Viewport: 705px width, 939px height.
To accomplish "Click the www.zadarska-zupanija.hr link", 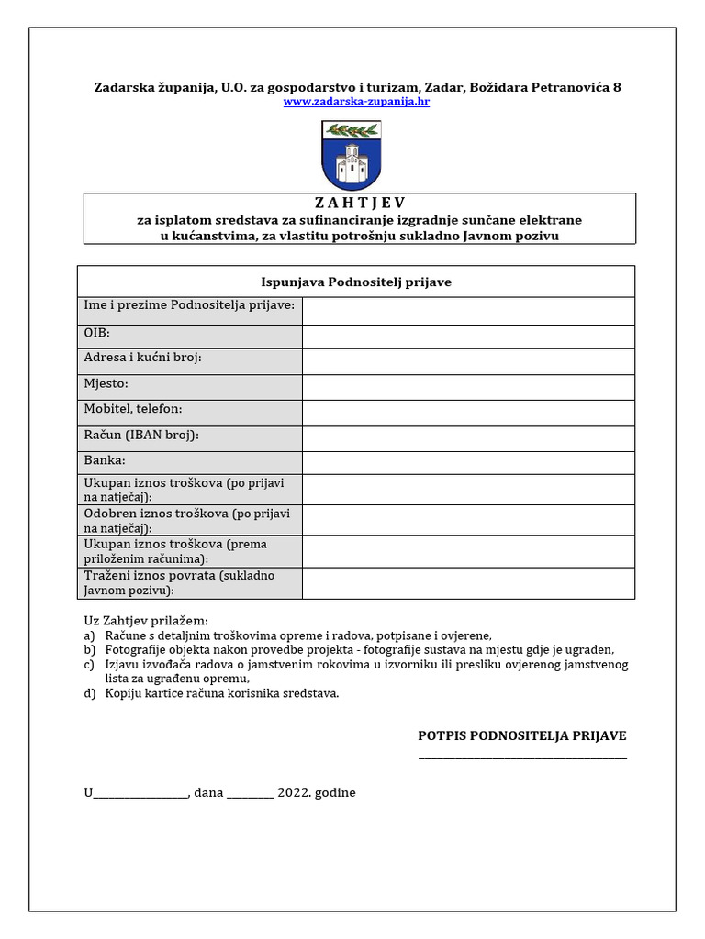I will [x=356, y=102].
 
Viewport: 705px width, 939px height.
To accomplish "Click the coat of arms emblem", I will [x=352, y=155].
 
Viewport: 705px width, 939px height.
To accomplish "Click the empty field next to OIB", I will [x=468, y=337].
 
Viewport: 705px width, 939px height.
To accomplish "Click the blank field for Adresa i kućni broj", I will [x=468, y=361].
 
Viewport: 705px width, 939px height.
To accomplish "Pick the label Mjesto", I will [x=106, y=383].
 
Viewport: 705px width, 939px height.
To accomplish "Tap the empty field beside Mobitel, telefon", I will [x=468, y=413].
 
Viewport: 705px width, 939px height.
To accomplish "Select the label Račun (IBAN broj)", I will [x=141, y=435].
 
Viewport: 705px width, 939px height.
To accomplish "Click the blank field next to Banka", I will [x=468, y=462].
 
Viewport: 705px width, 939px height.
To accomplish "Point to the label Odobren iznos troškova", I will [x=174, y=514].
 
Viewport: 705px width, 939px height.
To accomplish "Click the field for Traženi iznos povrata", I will [x=468, y=583].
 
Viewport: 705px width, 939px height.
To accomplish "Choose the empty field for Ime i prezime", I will [x=468, y=311].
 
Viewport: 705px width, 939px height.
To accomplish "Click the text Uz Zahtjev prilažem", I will [x=146, y=620].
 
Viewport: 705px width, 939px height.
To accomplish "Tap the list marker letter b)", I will [x=89, y=649].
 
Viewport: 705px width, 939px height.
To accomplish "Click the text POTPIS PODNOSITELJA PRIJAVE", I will [x=522, y=735].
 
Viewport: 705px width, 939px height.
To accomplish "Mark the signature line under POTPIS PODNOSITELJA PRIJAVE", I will [x=522, y=757].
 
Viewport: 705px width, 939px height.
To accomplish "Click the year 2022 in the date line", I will [x=294, y=792].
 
